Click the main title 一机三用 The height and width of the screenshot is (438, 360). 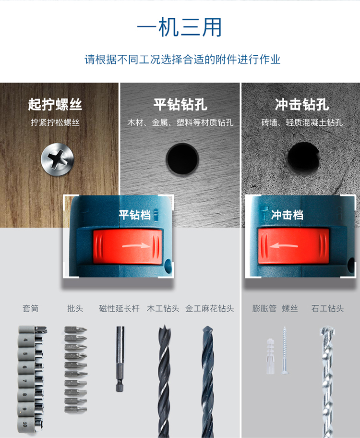pos(180,27)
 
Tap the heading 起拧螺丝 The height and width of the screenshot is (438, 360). pos(55,105)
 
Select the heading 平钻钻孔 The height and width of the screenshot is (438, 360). pos(180,105)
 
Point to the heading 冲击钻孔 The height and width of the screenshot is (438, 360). pos(301,105)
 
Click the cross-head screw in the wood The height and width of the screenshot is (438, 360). pos(58,159)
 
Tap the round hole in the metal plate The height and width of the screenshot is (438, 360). pos(182,158)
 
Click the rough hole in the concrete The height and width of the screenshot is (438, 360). pos(303,158)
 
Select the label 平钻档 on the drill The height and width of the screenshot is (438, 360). pos(135,215)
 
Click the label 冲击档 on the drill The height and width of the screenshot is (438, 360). pos(287,215)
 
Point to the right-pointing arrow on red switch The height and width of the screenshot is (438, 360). pos(137,245)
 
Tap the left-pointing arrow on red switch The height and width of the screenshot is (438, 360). pos(283,245)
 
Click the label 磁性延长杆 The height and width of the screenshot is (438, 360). pos(119,308)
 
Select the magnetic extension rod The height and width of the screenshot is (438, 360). pos(120,359)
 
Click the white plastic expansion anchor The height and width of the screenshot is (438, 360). pos(270,356)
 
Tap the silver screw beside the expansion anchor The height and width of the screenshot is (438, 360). pos(285,350)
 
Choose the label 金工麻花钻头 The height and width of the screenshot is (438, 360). pos(209,308)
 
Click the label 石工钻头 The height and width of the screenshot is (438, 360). pos(327,308)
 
